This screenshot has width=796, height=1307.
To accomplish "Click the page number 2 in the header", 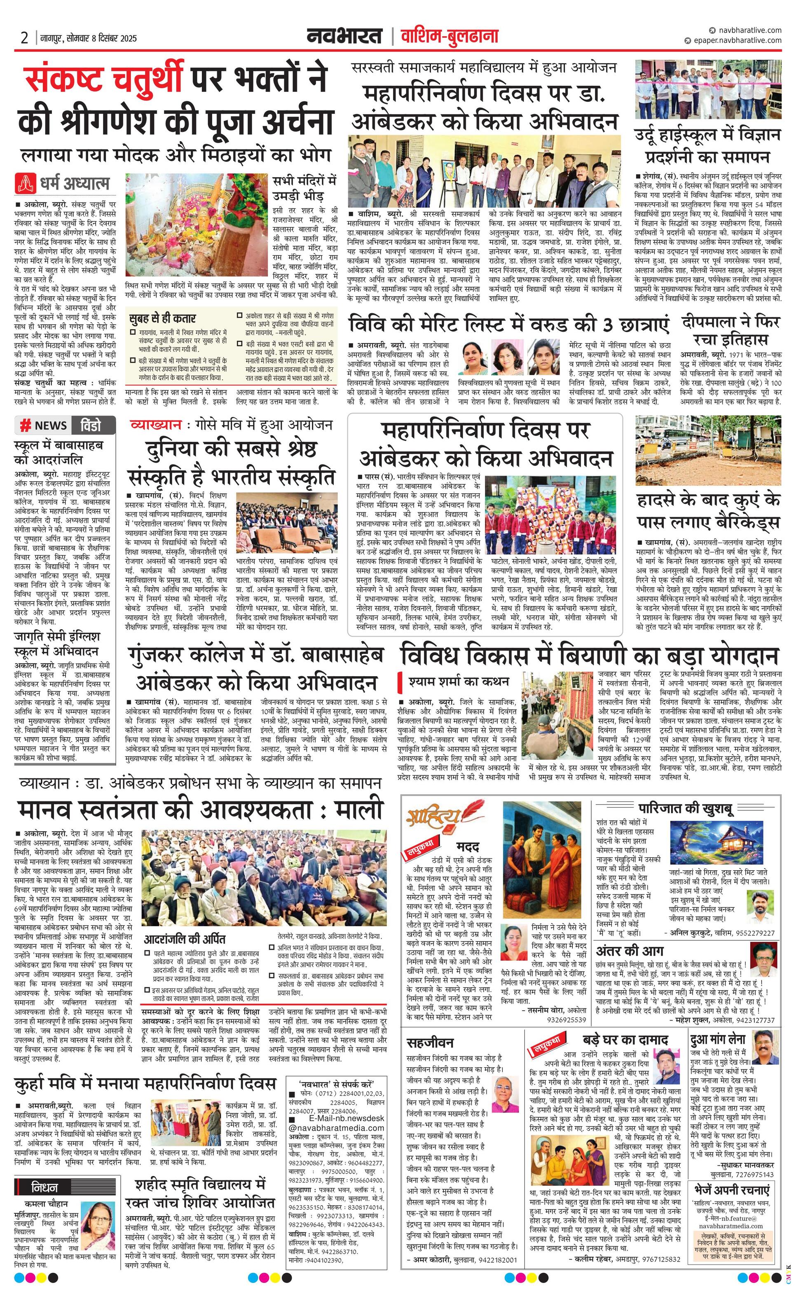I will (24, 38).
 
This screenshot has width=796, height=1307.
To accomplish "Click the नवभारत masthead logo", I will (345, 37).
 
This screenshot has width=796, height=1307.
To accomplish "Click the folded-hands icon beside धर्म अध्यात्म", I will (26, 183).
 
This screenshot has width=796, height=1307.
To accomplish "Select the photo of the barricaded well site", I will (708, 450).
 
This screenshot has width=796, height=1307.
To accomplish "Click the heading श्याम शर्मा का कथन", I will (459, 681).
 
